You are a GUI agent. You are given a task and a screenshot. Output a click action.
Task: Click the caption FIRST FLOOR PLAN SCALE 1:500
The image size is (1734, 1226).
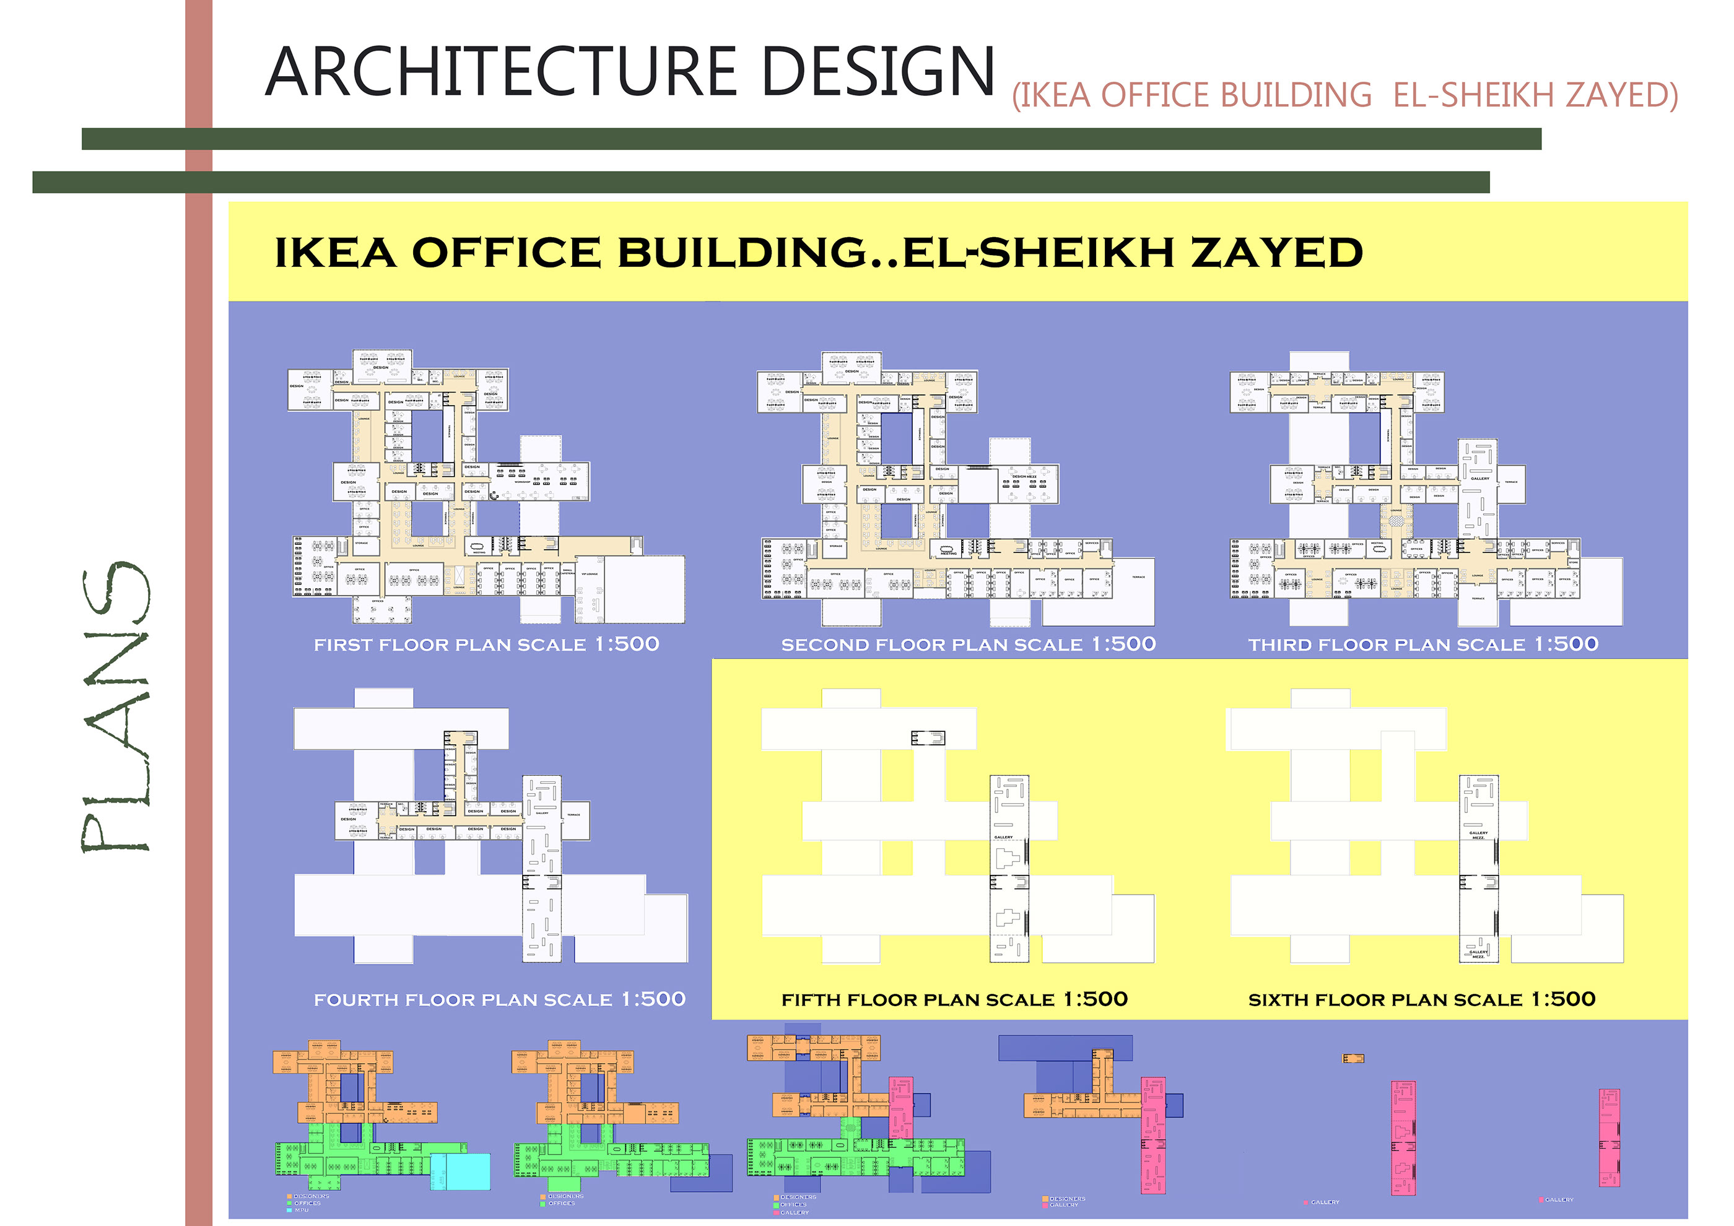click(x=486, y=645)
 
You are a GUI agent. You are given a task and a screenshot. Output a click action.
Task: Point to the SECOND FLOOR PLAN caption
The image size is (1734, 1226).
click(x=968, y=645)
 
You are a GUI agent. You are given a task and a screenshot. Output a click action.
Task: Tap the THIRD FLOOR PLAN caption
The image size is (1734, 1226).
click(x=1423, y=645)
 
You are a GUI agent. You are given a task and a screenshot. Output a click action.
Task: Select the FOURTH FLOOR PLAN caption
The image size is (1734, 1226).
click(x=499, y=999)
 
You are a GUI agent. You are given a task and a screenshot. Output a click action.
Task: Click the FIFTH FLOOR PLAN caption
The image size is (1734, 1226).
click(x=954, y=999)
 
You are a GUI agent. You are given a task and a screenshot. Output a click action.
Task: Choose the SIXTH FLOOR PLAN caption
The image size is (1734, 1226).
click(x=1421, y=999)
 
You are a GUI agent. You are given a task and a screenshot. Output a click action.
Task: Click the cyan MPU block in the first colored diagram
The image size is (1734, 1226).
click(x=460, y=1172)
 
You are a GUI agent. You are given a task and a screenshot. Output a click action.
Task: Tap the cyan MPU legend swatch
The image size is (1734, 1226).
click(x=289, y=1210)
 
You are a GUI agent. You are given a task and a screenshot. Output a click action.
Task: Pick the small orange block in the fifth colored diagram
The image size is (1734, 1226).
click(x=1353, y=1058)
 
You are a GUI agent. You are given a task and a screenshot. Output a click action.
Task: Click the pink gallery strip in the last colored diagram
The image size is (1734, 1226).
click(x=1609, y=1137)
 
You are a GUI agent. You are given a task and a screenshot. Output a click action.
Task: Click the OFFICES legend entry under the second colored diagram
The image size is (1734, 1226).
click(x=561, y=1203)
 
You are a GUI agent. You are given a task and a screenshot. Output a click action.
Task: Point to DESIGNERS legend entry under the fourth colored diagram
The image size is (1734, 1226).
click(x=1066, y=1199)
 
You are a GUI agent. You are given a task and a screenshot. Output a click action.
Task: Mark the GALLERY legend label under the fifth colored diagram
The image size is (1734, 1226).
click(x=1325, y=1202)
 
